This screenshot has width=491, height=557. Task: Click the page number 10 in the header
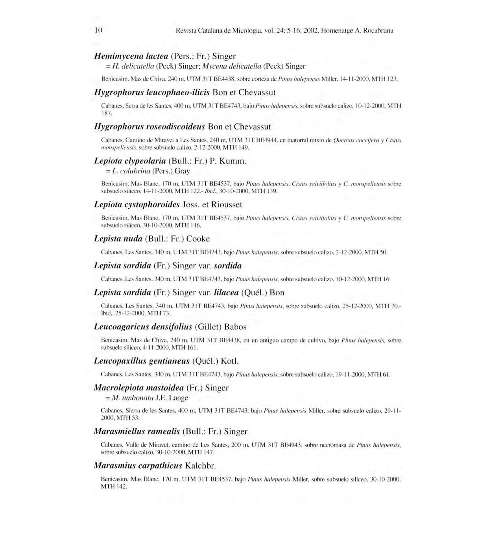click(x=98, y=30)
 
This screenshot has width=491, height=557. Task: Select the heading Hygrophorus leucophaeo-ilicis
click(x=152, y=93)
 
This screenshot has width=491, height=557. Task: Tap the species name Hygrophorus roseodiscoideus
click(x=150, y=127)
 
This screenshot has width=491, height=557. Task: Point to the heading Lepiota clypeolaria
click(x=130, y=161)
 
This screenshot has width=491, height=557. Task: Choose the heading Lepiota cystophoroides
click(x=137, y=205)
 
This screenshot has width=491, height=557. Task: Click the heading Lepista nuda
click(x=118, y=239)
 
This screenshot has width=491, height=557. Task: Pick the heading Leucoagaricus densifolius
click(x=143, y=327)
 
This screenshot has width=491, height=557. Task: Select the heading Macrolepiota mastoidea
click(x=139, y=388)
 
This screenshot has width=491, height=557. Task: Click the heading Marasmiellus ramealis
click(x=137, y=431)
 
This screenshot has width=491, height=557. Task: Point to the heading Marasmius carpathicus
click(x=138, y=466)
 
